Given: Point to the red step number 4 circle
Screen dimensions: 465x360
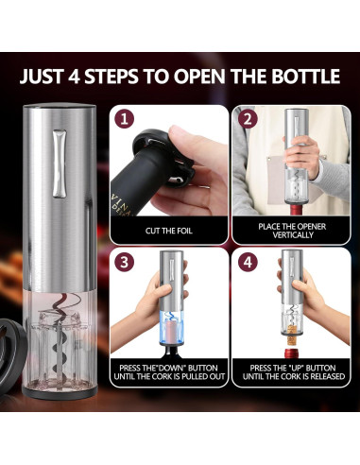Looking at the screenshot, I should (x=246, y=261).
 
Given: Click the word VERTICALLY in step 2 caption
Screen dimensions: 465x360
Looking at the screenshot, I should (x=288, y=233).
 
